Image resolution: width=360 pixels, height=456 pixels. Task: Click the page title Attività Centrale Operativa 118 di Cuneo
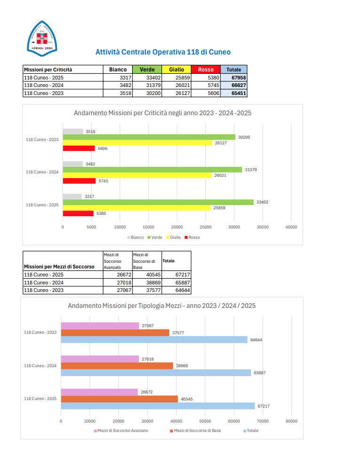pos(163,52)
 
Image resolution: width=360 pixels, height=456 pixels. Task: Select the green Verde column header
pos(147,70)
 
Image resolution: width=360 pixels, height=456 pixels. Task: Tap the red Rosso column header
pos(206,70)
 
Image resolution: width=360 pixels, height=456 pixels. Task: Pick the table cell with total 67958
pos(234,78)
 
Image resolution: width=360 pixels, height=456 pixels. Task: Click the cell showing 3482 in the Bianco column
pos(118,85)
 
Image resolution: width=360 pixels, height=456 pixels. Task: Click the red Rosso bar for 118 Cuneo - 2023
pos(78,149)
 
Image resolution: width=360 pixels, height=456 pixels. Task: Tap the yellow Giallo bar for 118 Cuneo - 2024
pos(137,175)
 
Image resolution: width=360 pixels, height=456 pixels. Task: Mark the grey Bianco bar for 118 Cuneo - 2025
pos(72,197)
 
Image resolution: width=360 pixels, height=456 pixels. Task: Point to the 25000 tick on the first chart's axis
pos(205,227)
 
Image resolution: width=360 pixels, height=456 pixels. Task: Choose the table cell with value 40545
pos(146,275)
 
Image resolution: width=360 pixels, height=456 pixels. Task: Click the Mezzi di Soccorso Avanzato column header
pos(117,260)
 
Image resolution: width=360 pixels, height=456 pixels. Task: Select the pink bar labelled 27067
pos(100,326)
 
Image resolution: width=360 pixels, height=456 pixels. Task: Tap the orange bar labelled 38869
pos(117,366)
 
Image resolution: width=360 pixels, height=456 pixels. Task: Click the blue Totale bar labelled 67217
pos(157,406)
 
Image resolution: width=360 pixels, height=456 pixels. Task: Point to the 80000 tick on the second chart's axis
pos(291,421)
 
